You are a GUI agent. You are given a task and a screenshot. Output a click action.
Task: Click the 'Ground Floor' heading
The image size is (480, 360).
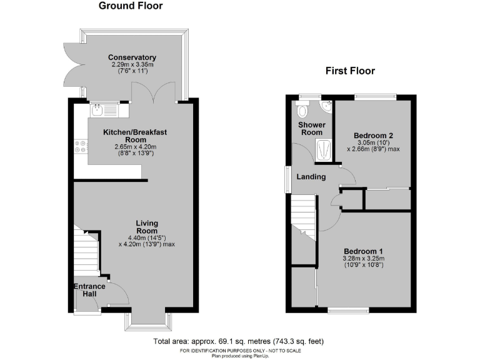(x=131, y=6)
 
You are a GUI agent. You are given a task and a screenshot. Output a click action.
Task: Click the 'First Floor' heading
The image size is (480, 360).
(x=350, y=71)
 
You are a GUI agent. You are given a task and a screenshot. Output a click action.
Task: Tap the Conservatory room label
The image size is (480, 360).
(x=132, y=57)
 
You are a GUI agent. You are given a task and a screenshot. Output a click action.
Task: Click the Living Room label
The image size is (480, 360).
(x=147, y=227)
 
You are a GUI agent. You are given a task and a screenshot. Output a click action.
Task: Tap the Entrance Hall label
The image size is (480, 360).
(x=90, y=290)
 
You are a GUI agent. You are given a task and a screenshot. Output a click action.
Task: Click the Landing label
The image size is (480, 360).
(x=311, y=177)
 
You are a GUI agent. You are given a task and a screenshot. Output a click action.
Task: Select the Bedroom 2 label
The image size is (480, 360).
(x=374, y=136)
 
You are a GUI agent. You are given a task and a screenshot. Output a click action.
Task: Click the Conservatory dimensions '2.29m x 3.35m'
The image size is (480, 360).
(x=132, y=64)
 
